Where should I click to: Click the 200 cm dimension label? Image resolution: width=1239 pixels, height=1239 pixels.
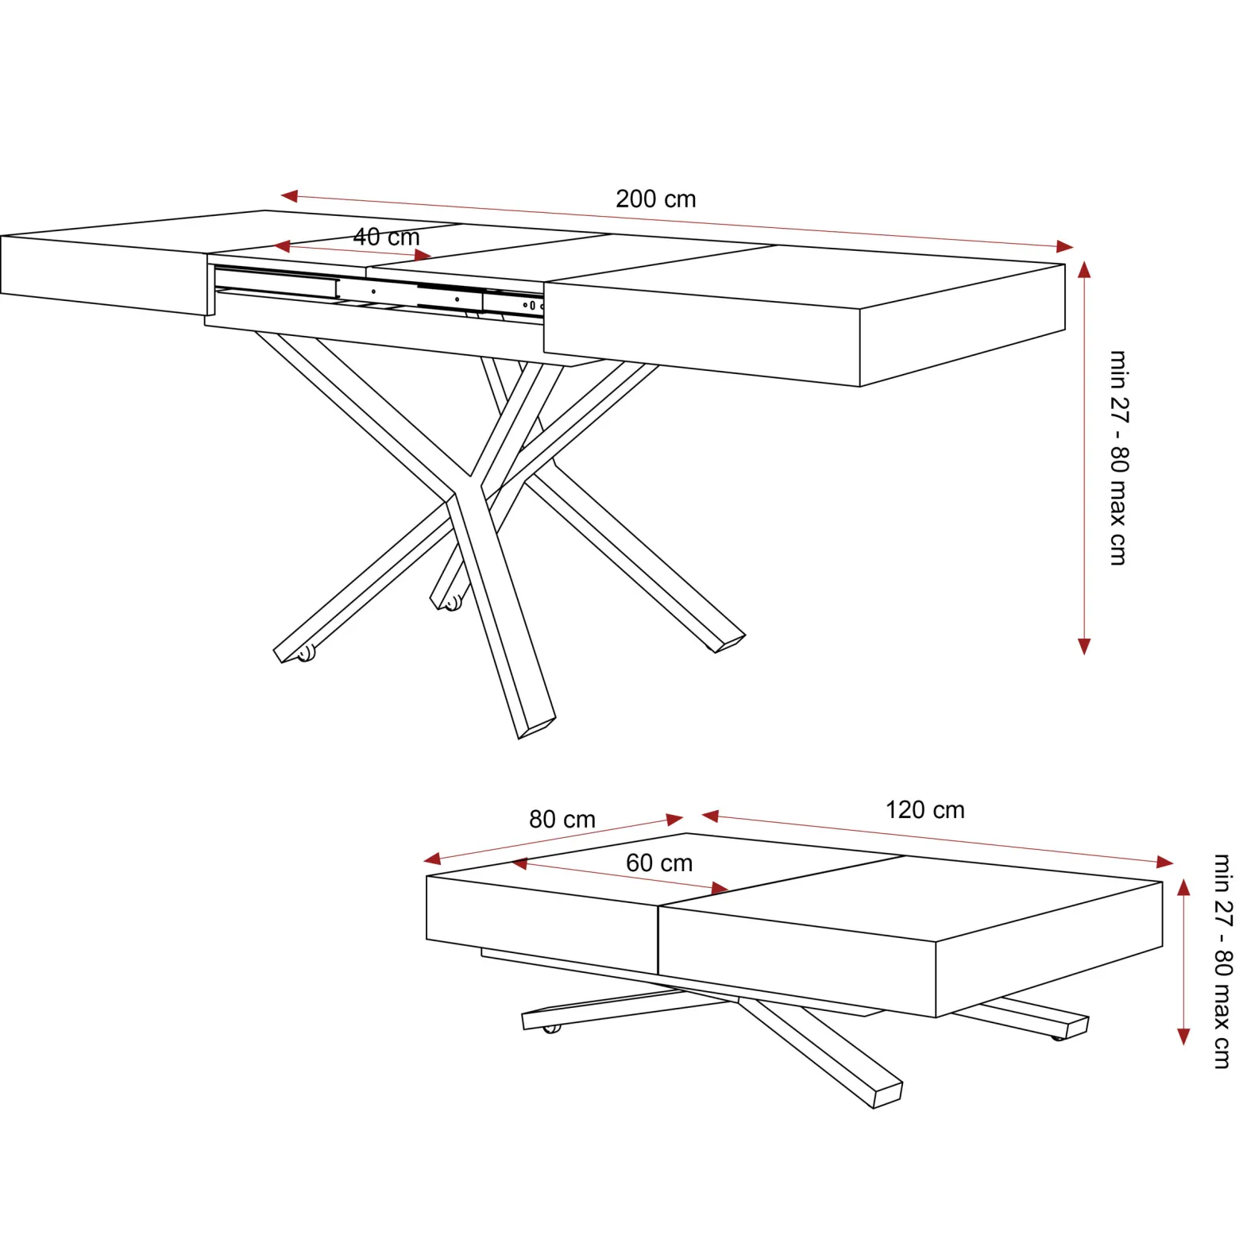pyautogui.click(x=656, y=199)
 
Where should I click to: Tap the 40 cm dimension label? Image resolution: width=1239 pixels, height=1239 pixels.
pyautogui.click(x=386, y=237)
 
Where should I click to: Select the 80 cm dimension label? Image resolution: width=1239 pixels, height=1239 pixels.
pyautogui.click(x=562, y=819)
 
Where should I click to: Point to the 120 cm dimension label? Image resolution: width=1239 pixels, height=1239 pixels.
pyautogui.click(x=925, y=809)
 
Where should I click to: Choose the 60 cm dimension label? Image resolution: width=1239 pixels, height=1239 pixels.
pyautogui.click(x=659, y=863)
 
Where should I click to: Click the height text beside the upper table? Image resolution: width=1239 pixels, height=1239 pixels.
pyautogui.click(x=1119, y=457)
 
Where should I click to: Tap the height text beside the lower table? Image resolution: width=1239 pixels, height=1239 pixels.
pyautogui.click(x=1223, y=961)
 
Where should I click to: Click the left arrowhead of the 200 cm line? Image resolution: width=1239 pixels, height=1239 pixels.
pyautogui.click(x=289, y=195)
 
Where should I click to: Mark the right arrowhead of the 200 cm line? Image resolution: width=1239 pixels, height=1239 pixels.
pyautogui.click(x=1065, y=247)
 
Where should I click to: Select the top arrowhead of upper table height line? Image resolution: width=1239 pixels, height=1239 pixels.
pyautogui.click(x=1084, y=270)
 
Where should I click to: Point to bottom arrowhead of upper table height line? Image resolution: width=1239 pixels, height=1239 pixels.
pyautogui.click(x=1084, y=646)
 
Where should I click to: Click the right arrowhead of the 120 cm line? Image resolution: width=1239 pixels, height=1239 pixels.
pyautogui.click(x=1165, y=862)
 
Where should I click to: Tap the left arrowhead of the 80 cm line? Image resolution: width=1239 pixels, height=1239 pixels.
pyautogui.click(x=432, y=859)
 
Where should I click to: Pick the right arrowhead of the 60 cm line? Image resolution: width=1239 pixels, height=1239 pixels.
pyautogui.click(x=721, y=887)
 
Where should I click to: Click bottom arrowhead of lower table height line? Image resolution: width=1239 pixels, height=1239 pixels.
pyautogui.click(x=1183, y=1036)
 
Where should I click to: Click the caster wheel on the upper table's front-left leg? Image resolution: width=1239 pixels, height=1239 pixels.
pyautogui.click(x=306, y=653)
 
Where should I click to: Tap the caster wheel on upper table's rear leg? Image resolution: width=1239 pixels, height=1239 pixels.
pyautogui.click(x=452, y=603)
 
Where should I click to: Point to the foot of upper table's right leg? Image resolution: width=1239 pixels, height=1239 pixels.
pyautogui.click(x=729, y=643)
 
